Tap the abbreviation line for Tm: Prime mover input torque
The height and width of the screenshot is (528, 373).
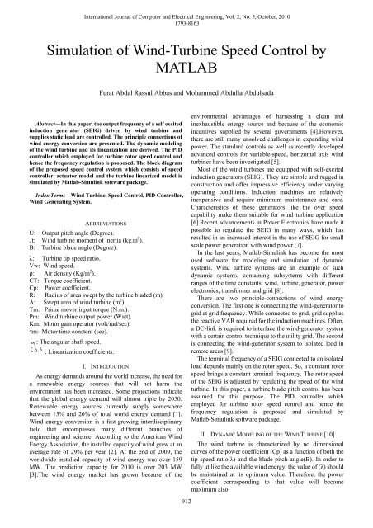coord(75,270)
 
